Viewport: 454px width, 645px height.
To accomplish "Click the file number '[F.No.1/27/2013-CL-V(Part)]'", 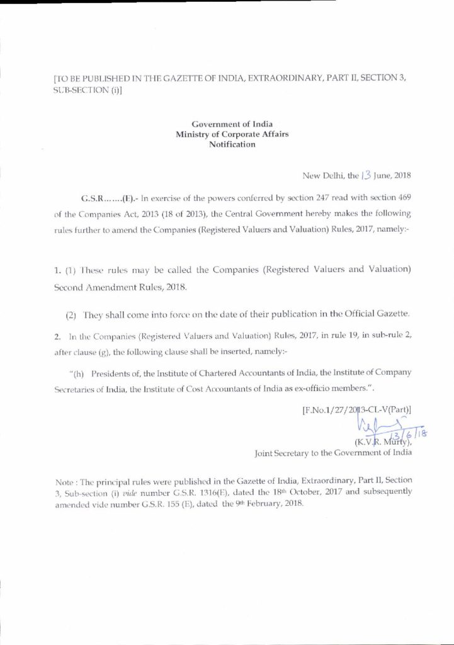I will pos(357,411).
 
